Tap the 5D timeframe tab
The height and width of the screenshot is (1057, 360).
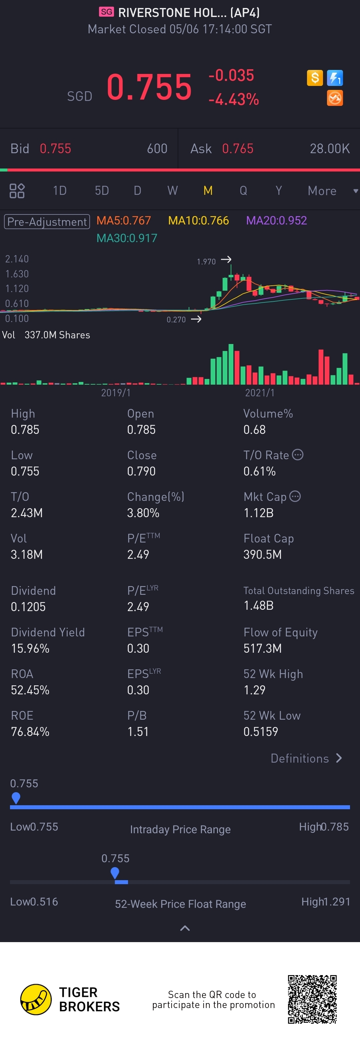(102, 190)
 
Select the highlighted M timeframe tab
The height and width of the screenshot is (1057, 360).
(208, 190)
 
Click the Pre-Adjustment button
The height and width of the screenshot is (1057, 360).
(47, 221)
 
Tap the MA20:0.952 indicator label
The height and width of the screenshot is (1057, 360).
(276, 221)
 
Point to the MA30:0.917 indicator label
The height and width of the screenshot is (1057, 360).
(127, 238)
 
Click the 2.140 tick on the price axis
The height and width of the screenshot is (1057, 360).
(17, 259)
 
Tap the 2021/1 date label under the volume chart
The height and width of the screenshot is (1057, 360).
(259, 393)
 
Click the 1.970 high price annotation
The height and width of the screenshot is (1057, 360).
(206, 261)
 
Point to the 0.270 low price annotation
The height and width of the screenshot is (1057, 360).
(176, 320)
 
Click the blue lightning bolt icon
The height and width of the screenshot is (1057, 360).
(335, 78)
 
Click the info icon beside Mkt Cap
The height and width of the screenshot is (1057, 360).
(295, 497)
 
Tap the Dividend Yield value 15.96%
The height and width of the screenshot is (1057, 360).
(30, 648)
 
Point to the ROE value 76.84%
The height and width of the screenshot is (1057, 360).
(30, 732)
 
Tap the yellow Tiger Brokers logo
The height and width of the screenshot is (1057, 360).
(36, 1000)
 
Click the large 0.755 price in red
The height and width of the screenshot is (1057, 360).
(149, 87)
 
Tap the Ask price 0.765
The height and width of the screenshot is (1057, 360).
(238, 149)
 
